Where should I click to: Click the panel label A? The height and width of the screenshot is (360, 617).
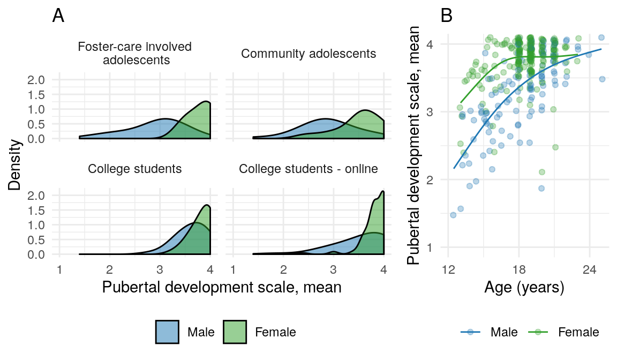58,16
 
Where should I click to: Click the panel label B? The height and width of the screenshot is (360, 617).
447,16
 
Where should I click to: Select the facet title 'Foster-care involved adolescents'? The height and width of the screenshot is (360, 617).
134,53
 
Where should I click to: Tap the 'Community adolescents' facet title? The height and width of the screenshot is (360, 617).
308,54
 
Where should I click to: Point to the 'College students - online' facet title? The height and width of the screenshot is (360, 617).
308,169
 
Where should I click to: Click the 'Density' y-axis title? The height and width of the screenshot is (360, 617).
16,165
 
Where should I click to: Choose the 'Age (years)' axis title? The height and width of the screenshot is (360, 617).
524,288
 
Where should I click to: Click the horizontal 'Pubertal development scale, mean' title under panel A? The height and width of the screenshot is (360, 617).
221,287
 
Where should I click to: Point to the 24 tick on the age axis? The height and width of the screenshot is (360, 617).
589,269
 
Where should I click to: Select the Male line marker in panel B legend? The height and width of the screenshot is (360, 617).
470,332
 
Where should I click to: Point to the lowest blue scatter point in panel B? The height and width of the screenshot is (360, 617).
453,215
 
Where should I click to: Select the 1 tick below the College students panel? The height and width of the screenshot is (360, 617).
59,269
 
